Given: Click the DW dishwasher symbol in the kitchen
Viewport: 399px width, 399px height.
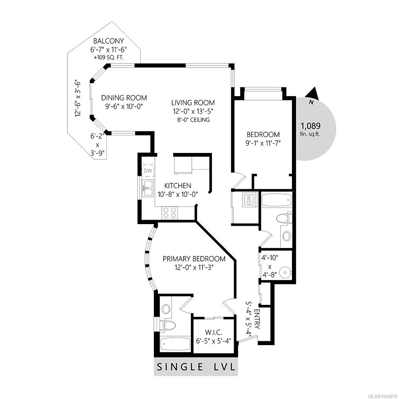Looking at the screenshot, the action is tap(148, 171).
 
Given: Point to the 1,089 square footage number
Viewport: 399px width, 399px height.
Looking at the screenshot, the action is tap(310, 126).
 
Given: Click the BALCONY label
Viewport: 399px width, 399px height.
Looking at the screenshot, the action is tap(108, 41).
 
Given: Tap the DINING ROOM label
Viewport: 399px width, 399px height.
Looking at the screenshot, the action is tap(124, 98).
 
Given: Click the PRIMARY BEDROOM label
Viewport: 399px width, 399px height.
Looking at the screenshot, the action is tap(194, 259).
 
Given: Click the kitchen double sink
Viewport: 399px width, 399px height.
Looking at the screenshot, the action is tap(148, 188).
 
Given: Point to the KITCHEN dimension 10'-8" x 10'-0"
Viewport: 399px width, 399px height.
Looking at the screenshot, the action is tap(178, 195).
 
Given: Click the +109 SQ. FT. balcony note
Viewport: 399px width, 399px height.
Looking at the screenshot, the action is tap(109, 58).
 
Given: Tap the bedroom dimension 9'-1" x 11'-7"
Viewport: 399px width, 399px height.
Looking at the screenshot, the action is tap(263, 143).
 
